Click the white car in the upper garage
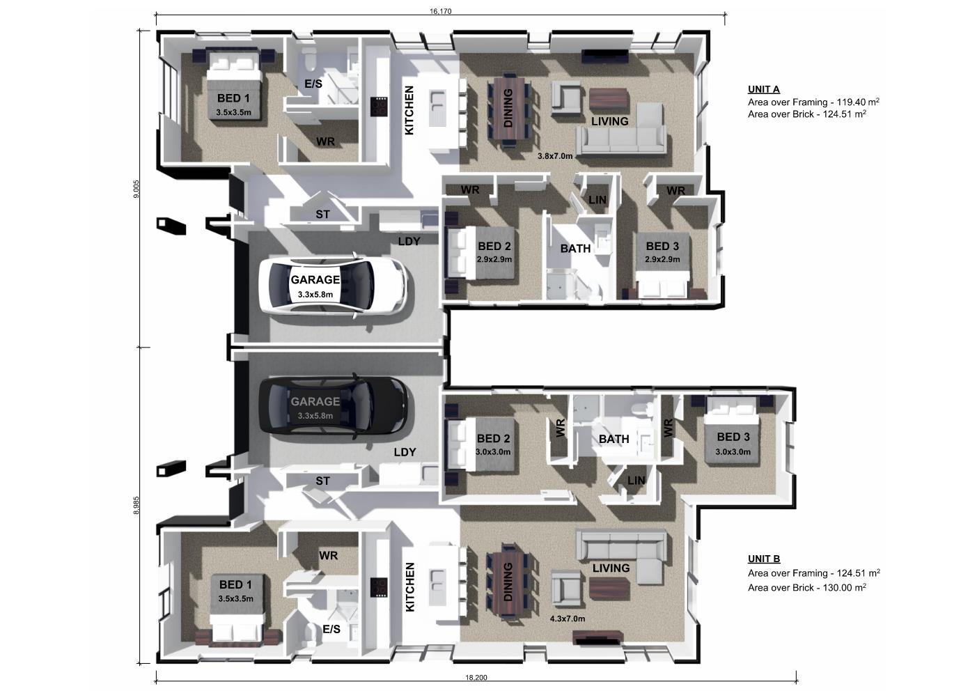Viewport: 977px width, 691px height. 333,284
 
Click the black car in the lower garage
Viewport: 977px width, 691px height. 334,407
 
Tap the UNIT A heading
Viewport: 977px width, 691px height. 764,89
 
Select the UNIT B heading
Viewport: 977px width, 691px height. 764,559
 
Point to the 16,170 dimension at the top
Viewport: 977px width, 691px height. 441,11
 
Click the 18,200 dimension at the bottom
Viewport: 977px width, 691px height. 476,678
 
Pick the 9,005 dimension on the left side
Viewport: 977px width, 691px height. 136,189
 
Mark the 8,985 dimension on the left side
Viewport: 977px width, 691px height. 136,505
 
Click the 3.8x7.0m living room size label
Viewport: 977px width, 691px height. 555,156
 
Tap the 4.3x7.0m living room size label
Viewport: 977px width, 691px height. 568,619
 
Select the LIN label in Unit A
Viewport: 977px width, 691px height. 597,200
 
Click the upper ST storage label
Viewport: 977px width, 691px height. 322,214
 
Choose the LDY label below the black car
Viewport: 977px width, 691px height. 405,452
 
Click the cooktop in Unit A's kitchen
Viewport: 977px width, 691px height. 379,107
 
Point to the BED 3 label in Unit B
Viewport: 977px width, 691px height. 733,437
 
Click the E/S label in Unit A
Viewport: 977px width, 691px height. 313,84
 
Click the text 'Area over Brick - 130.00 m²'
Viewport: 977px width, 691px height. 807,587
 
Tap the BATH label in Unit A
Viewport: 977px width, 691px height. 575,249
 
